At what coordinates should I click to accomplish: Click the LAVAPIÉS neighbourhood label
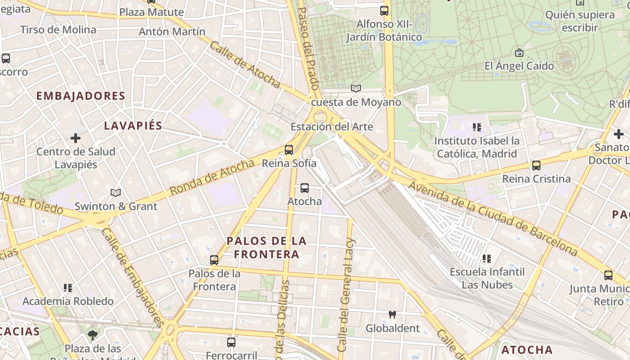coord(133,126)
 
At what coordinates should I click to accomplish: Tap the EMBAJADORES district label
coord(81,96)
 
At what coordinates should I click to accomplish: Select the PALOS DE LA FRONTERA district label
coord(267,247)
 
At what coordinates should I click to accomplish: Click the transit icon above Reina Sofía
coord(289,150)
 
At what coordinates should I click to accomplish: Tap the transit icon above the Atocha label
coord(305,188)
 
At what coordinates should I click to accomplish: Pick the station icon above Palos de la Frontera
coord(214,260)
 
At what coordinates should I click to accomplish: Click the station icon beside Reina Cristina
coord(536,166)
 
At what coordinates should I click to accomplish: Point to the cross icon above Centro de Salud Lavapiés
coord(76,138)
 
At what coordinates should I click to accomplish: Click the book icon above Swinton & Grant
coord(116,193)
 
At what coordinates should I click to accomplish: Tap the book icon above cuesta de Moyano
coord(356,89)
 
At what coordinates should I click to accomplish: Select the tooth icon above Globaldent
coord(392,315)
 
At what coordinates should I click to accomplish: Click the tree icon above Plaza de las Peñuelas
coord(93,335)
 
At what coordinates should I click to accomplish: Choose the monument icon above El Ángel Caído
coord(519,53)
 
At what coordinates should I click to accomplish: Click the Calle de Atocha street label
coord(245,65)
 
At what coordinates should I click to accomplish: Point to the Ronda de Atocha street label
coord(212,177)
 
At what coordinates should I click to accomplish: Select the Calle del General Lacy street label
coord(346,295)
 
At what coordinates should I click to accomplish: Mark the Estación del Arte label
coord(332,126)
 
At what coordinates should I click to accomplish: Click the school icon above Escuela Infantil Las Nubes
coord(486,259)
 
